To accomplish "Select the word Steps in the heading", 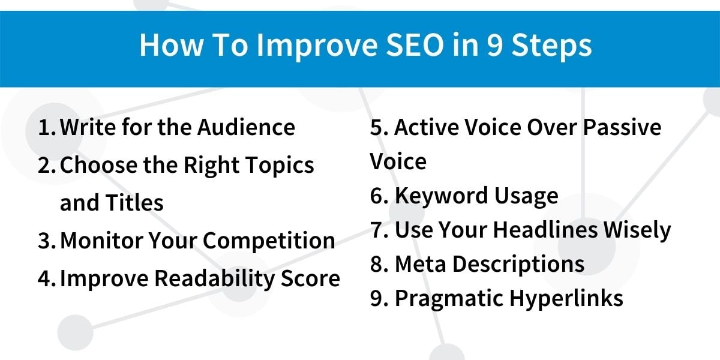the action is (x=551, y=46).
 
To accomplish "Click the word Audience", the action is (x=246, y=127).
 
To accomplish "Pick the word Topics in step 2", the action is (x=280, y=166).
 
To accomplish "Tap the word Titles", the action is (x=134, y=203).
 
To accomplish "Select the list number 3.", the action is (x=47, y=241).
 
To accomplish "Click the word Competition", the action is (x=269, y=241).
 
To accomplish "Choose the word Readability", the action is (x=214, y=278).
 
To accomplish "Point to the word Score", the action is (x=311, y=278).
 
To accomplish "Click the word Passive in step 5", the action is (x=622, y=127).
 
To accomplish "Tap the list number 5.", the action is (x=379, y=127).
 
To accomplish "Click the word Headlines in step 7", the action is (x=545, y=230).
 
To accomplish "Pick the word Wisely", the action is (x=637, y=231).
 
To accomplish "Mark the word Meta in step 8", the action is (x=421, y=264).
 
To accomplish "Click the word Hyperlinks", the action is (x=566, y=299).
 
